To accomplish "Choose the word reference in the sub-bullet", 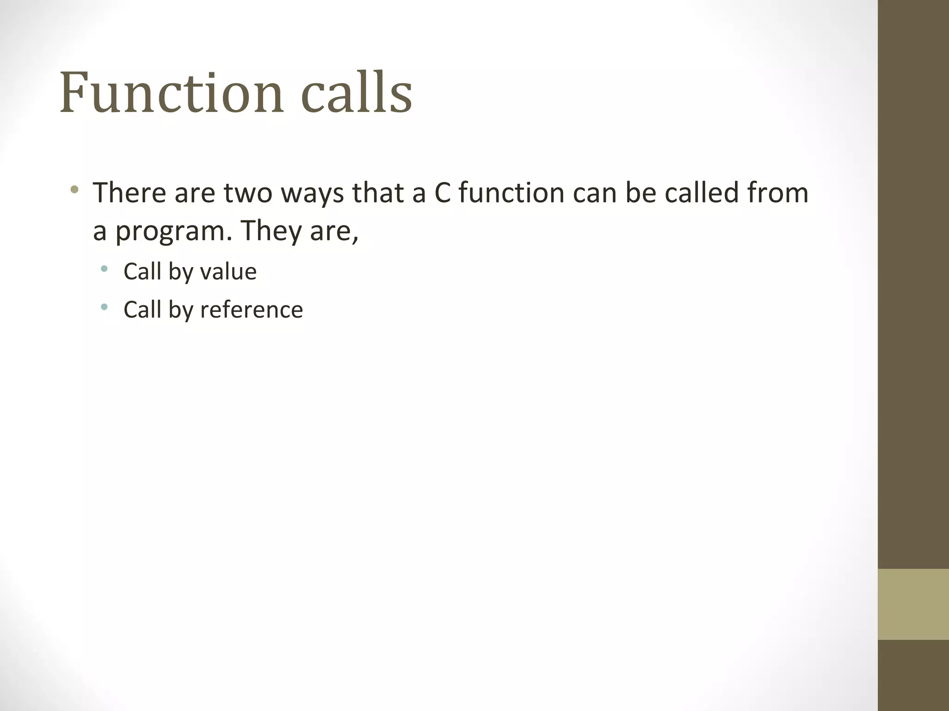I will click(x=251, y=310).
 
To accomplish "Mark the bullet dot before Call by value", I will click(x=104, y=268).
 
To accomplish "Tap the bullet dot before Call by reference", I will click(x=104, y=306).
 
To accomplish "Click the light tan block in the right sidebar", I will click(x=913, y=604).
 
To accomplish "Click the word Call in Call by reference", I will click(x=142, y=310).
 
